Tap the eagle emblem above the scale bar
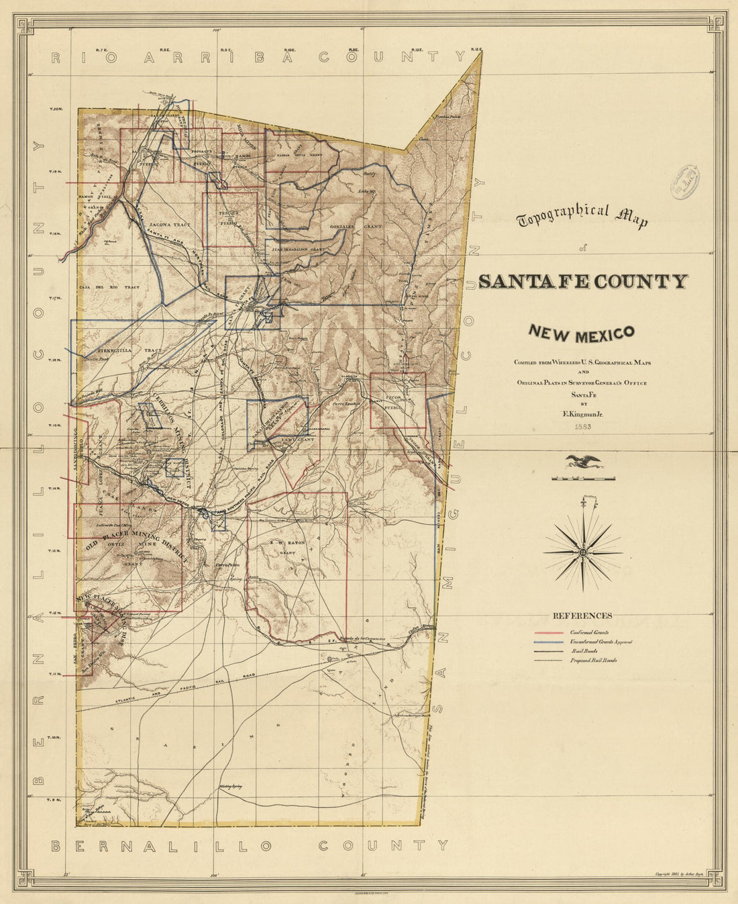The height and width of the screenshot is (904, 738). click(582, 461)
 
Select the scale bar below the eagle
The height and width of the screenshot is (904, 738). click(582, 479)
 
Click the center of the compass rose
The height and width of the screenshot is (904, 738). click(582, 552)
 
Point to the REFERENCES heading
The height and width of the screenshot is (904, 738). click(582, 615)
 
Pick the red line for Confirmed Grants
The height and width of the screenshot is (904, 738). click(550, 632)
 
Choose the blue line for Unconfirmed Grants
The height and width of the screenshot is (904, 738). click(550, 642)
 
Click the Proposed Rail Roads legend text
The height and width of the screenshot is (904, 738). click(594, 660)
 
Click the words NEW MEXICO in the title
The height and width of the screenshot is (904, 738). click(581, 332)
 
